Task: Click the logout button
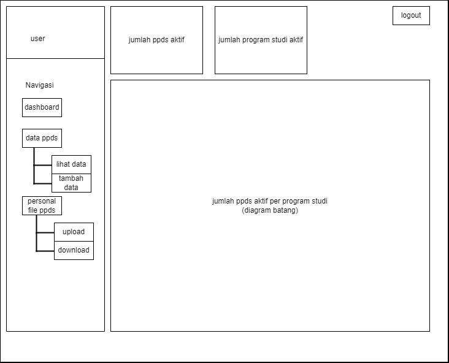(x=411, y=15)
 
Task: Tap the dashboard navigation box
(x=42, y=107)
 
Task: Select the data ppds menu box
(x=42, y=138)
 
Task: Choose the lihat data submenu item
(x=71, y=164)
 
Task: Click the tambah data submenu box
(x=71, y=183)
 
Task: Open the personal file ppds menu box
(x=42, y=205)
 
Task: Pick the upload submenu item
(x=74, y=232)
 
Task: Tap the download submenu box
(x=74, y=251)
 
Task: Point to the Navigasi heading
(x=39, y=85)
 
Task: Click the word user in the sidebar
(x=38, y=39)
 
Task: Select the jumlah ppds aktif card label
(x=156, y=40)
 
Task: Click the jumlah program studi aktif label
(x=261, y=40)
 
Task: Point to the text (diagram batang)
(x=270, y=210)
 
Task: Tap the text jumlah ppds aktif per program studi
(x=270, y=201)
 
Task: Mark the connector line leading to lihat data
(x=43, y=165)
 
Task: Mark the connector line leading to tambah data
(x=43, y=183)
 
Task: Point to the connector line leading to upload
(x=45, y=233)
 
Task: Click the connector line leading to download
(x=45, y=251)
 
